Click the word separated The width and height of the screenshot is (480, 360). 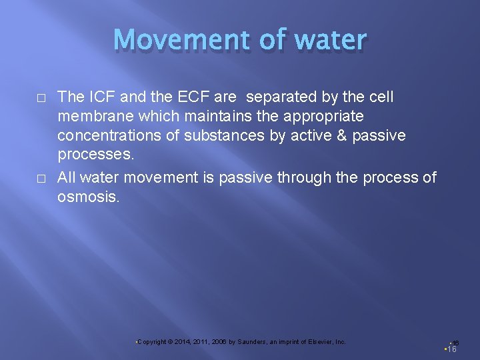click(x=280, y=97)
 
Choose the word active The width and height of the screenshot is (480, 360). click(x=299, y=136)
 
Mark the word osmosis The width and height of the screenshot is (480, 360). click(x=89, y=197)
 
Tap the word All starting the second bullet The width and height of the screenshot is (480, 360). click(x=67, y=177)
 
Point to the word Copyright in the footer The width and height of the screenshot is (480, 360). click(x=152, y=342)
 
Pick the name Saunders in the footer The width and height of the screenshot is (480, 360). click(x=251, y=342)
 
